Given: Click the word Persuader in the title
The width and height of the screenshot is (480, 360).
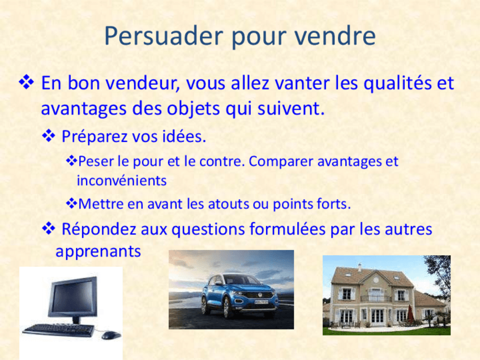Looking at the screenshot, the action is coord(163,36).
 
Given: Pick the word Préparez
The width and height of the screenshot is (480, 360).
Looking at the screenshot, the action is coord(94,136).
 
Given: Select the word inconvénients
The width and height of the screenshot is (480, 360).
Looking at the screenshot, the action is coord(122,181).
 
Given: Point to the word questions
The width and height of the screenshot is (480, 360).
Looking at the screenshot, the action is coord(208,229).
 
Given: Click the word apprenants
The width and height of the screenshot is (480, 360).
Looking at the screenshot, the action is coord(98,252).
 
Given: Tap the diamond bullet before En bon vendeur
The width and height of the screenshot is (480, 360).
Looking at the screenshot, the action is coord(27,83).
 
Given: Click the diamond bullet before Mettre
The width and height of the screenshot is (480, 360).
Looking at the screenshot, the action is coord(71,203).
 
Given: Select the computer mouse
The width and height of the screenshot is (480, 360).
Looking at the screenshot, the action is coord(111,335).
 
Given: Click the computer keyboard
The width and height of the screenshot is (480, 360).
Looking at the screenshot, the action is coord(59,329).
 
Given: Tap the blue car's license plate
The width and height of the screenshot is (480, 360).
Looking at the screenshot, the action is coord(261,302).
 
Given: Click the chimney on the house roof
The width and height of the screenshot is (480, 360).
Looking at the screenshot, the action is coord(359,267).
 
